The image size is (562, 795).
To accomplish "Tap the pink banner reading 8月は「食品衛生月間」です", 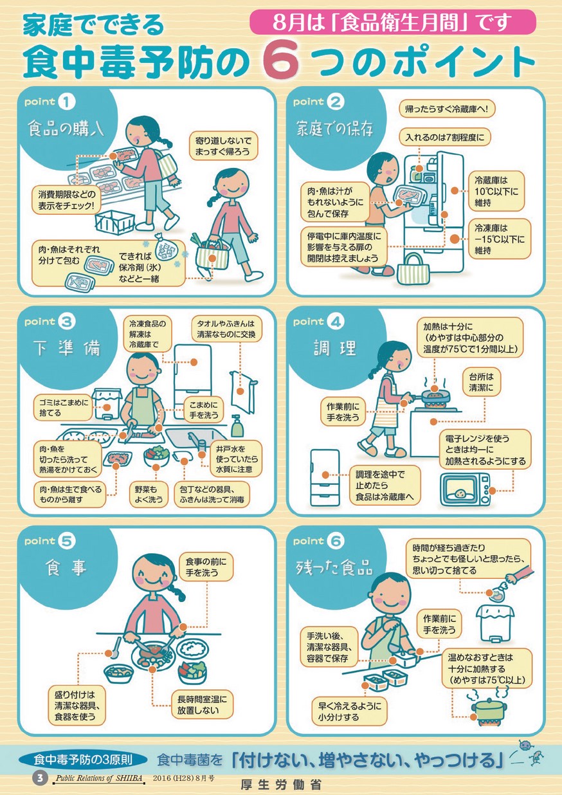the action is [x=392, y=22].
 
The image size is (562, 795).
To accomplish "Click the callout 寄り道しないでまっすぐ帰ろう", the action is [x=223, y=146].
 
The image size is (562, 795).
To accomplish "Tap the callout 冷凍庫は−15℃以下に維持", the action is [x=500, y=239].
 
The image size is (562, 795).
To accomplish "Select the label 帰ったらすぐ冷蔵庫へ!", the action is [x=447, y=109].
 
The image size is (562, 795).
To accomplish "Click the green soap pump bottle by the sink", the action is [x=237, y=426].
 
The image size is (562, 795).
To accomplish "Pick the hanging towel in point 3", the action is [x=244, y=391].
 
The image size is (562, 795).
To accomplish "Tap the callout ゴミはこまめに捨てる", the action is [x=62, y=407].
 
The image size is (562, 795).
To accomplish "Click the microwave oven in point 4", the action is [x=465, y=489].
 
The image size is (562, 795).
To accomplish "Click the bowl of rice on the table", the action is [x=193, y=648].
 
